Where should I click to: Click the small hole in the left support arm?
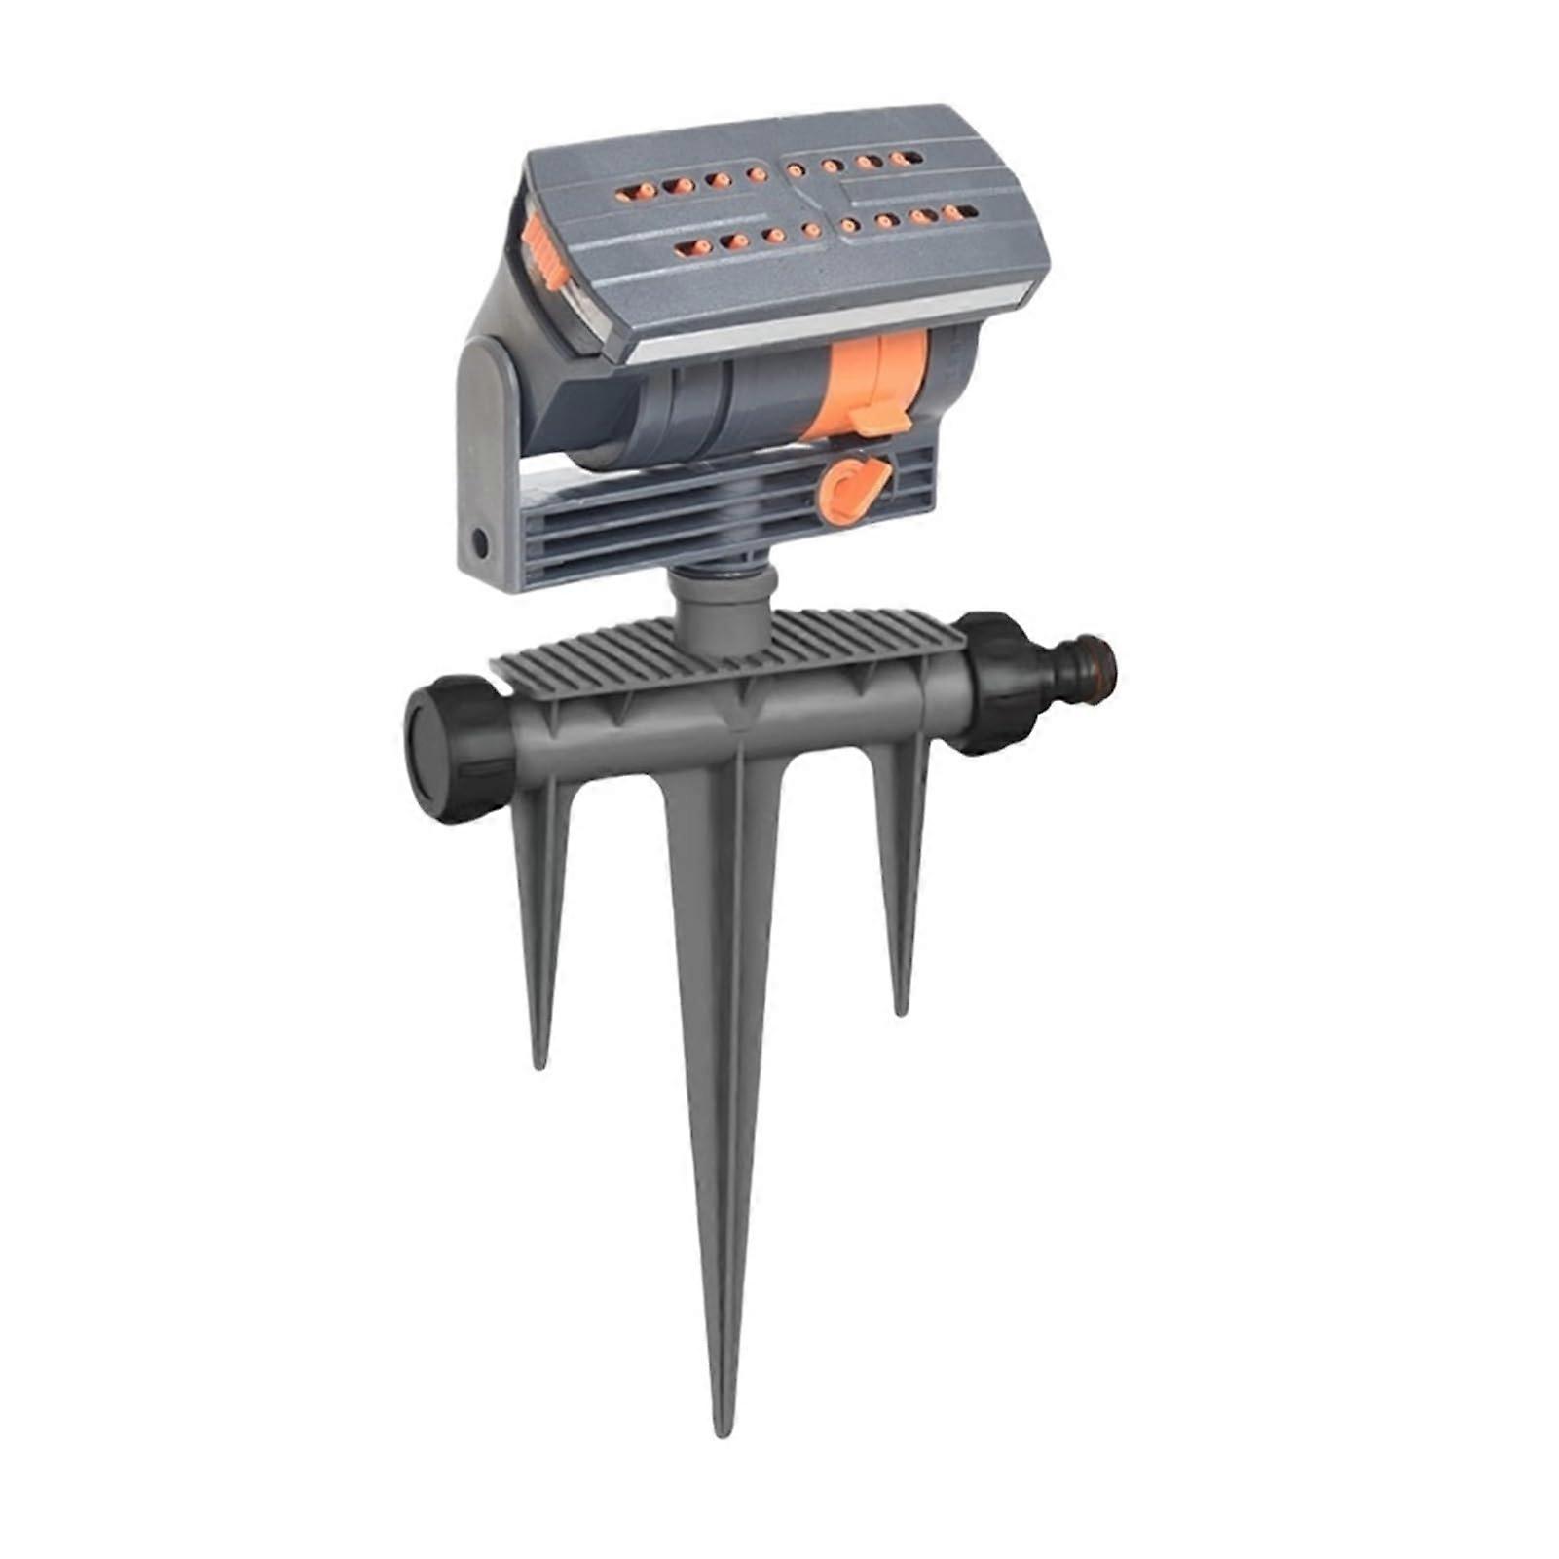point(479,541)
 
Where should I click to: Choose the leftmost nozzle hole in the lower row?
point(689,247)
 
